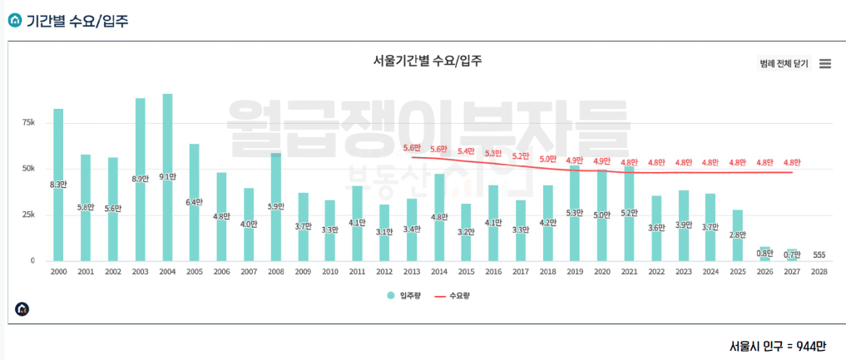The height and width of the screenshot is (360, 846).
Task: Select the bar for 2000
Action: [58, 185]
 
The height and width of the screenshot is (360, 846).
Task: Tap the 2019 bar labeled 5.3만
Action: [574, 213]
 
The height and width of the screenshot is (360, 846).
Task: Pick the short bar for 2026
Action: [764, 254]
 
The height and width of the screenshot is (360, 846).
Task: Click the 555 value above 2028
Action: [819, 254]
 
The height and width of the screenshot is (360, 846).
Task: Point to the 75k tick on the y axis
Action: [28, 122]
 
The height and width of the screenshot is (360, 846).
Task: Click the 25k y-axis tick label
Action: [28, 215]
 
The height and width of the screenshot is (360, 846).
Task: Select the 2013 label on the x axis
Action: [411, 272]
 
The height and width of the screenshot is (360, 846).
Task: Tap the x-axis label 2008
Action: [275, 272]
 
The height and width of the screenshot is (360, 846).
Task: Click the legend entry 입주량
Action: [402, 295]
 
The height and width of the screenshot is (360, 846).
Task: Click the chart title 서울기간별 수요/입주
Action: [428, 61]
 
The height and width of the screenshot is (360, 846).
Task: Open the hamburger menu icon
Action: [825, 64]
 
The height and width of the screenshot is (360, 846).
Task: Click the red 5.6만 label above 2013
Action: [412, 148]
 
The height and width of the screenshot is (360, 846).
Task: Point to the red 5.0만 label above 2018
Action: [547, 159]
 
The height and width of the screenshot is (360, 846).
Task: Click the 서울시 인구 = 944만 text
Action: [776, 346]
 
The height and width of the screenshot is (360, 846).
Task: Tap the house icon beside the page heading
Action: [14, 18]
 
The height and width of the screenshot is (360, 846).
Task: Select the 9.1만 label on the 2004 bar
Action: [167, 176]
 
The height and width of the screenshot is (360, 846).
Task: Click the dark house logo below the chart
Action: [22, 308]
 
